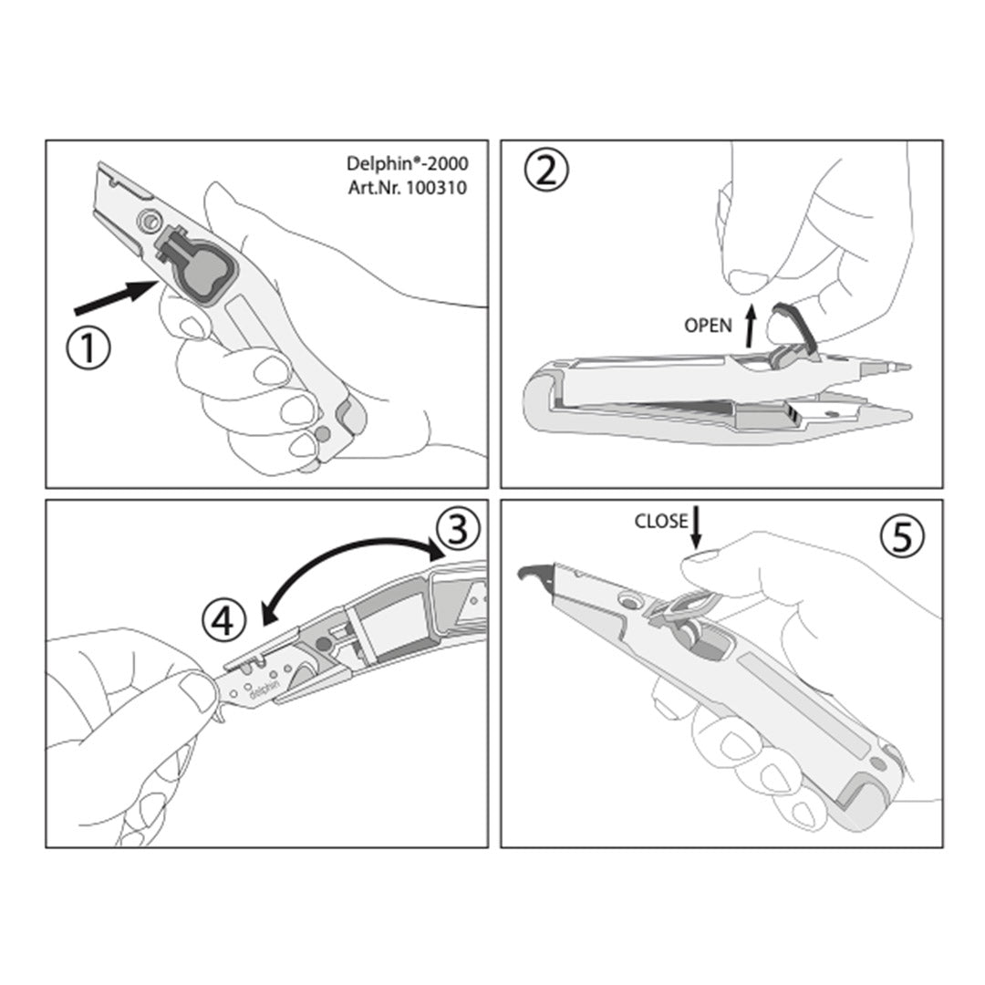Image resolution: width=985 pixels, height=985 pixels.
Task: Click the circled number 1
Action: pyautogui.click(x=88, y=349)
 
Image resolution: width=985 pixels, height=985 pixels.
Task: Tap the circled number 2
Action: pyautogui.click(x=546, y=171)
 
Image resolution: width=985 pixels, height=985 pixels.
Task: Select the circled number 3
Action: pyautogui.click(x=457, y=528)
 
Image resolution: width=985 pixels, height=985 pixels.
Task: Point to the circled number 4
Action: pyautogui.click(x=224, y=621)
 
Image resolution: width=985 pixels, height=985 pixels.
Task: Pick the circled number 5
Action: pyautogui.click(x=901, y=538)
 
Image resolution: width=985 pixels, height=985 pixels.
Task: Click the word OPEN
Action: pyautogui.click(x=708, y=326)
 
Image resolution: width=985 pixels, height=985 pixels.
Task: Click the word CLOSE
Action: pyautogui.click(x=661, y=522)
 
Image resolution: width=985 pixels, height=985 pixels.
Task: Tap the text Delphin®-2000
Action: pyautogui.click(x=407, y=163)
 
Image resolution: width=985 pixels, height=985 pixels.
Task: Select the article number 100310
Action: pyautogui.click(x=437, y=188)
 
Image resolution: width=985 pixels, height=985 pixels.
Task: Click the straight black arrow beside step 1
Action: pyautogui.click(x=115, y=296)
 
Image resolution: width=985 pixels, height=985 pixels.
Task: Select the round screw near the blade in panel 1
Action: pyautogui.click(x=150, y=221)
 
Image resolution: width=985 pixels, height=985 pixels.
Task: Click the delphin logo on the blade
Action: pyautogui.click(x=264, y=688)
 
